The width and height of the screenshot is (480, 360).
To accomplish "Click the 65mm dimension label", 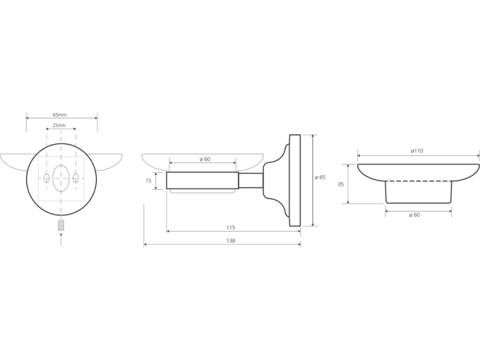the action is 60,115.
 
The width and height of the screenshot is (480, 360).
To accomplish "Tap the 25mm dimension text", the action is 59,126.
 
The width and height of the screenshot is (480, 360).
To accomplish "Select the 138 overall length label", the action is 231,241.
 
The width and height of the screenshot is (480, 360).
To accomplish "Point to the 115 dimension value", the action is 231,227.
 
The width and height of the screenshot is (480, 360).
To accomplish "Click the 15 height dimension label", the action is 148,181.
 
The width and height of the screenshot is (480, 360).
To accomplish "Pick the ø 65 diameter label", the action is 320,178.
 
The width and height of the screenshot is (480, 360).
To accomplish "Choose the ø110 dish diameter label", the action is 417,151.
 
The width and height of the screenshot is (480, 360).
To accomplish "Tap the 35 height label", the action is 341,184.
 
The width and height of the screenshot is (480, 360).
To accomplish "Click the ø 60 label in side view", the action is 205,159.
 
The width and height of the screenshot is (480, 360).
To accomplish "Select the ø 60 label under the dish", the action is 414,215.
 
